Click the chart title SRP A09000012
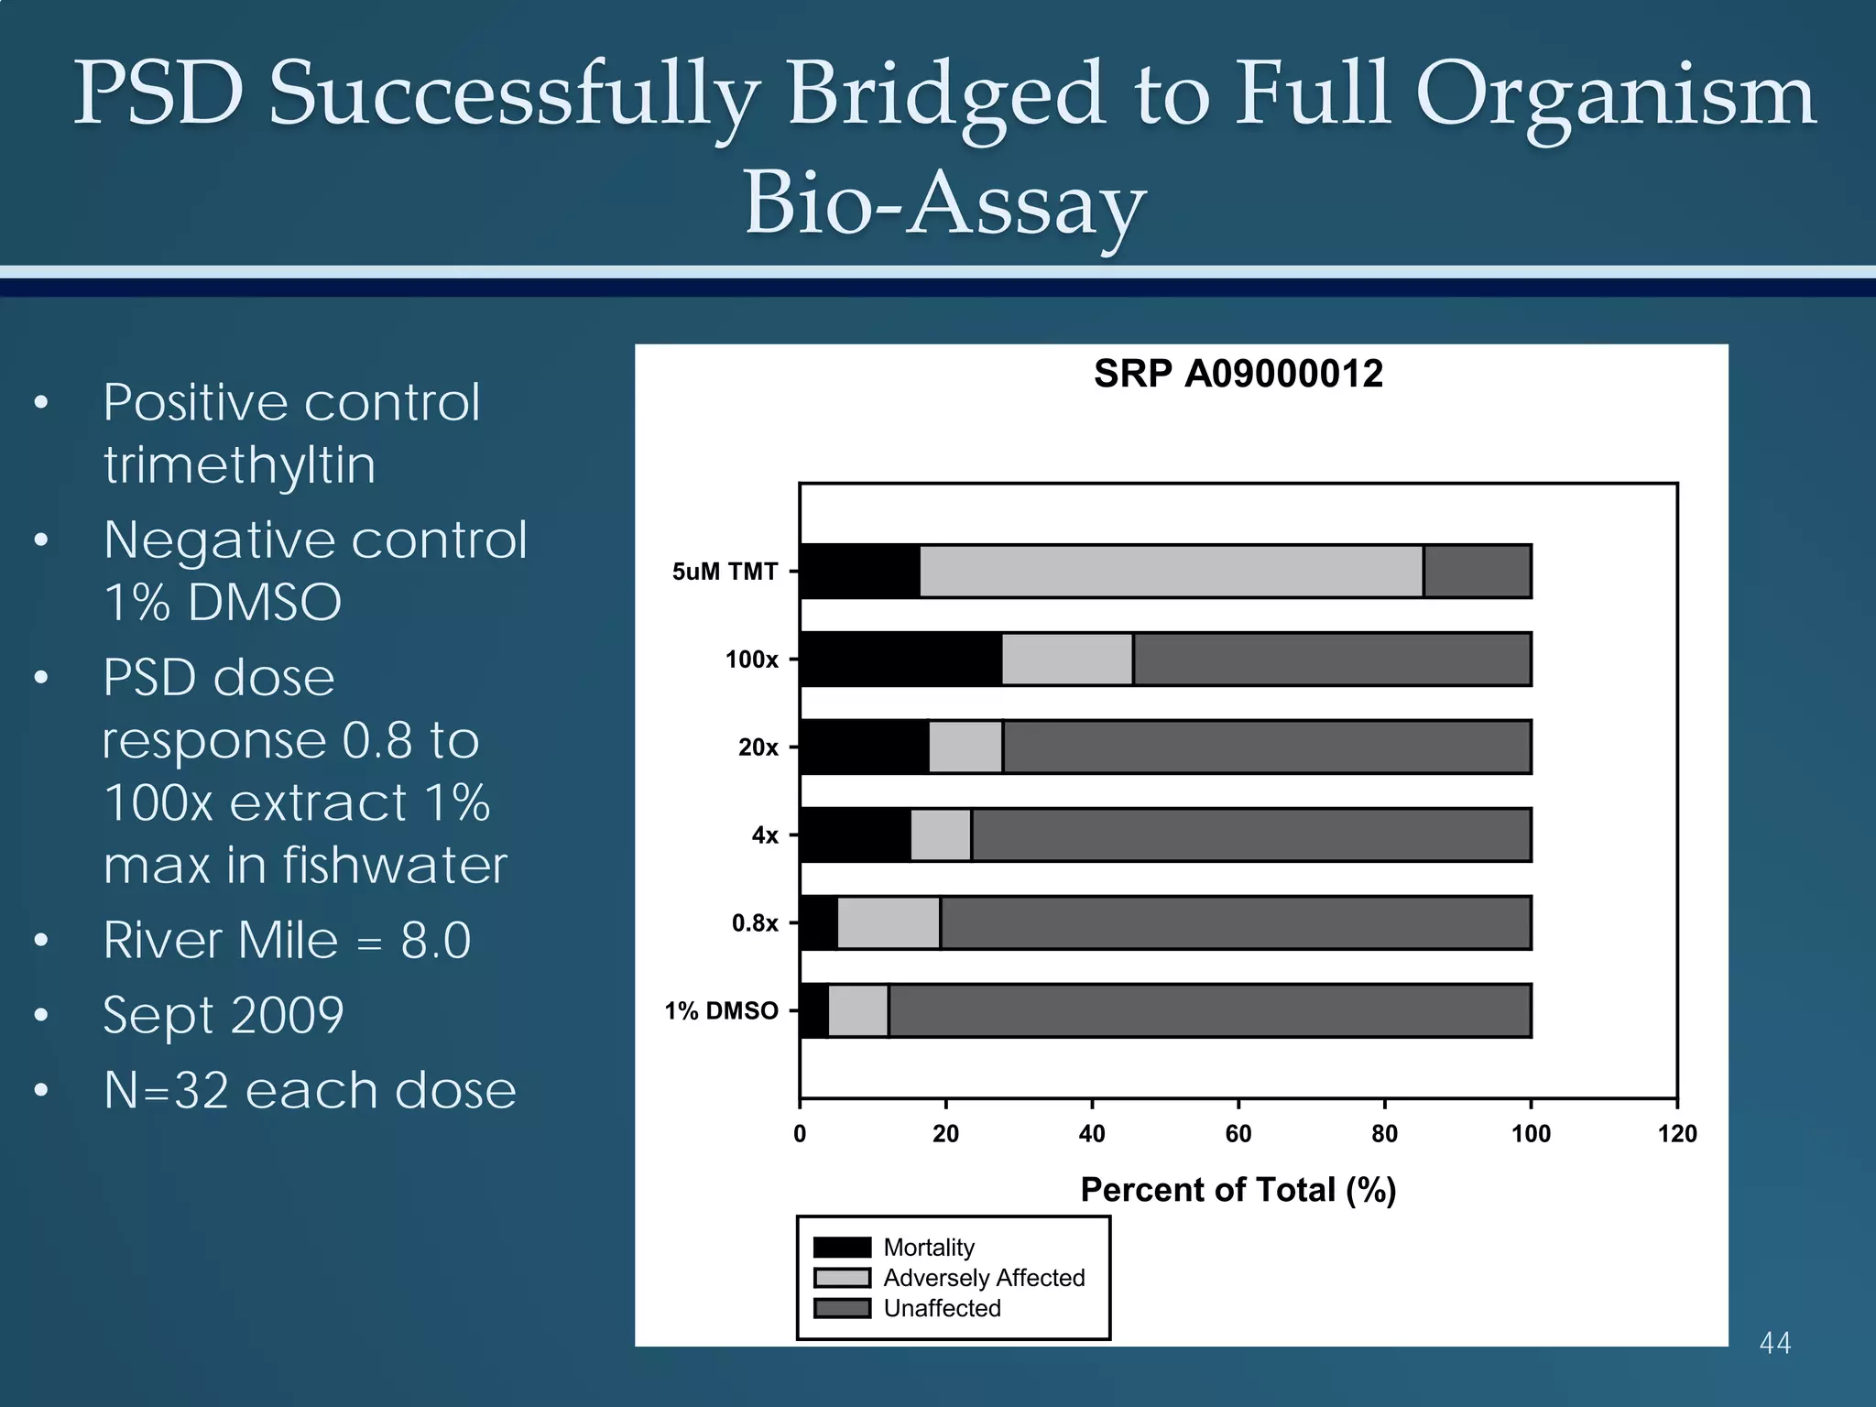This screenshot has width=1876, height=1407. point(1238,374)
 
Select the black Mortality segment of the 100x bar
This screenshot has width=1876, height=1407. point(900,659)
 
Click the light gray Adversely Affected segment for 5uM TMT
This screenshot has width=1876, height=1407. point(1171,572)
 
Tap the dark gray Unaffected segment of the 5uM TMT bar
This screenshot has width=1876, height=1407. point(1477,572)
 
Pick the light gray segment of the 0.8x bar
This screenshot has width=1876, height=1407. point(889,922)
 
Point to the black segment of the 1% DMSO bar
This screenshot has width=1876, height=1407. point(814,1010)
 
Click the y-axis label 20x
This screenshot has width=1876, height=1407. point(758,747)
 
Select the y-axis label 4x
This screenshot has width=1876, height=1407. point(765,835)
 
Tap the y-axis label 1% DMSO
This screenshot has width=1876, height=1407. point(721,1011)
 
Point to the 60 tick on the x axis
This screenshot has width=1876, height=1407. point(1238,1134)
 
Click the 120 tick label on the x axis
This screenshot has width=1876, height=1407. point(1676,1134)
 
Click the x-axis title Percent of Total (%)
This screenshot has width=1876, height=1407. point(1238,1190)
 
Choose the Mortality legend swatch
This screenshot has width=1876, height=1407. point(842,1248)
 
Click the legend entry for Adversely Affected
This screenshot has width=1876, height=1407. point(983,1278)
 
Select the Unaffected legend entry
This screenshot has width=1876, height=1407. point(942,1308)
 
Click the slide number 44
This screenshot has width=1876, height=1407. point(1774,1343)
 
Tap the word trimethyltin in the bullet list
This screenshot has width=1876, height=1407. point(239,464)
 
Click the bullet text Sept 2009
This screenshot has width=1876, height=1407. point(223,1015)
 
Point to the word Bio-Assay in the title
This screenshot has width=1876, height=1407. point(943,203)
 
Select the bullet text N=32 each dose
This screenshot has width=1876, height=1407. point(310,1090)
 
